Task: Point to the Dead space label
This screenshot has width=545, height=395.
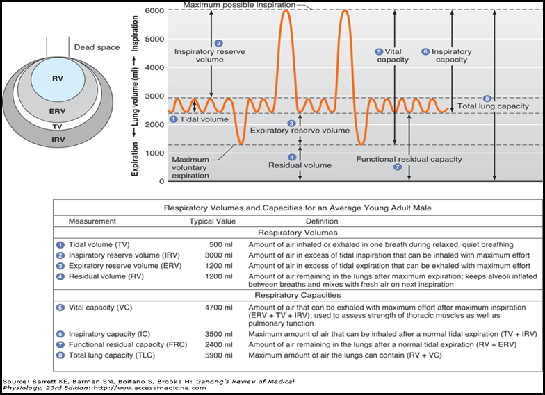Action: coord(97,48)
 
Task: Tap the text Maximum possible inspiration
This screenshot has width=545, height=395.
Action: coord(239,6)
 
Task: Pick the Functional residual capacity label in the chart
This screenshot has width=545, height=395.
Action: coord(409,159)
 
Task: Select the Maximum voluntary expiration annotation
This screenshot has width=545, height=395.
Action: coord(190,167)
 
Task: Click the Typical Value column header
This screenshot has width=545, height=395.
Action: coord(212,221)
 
